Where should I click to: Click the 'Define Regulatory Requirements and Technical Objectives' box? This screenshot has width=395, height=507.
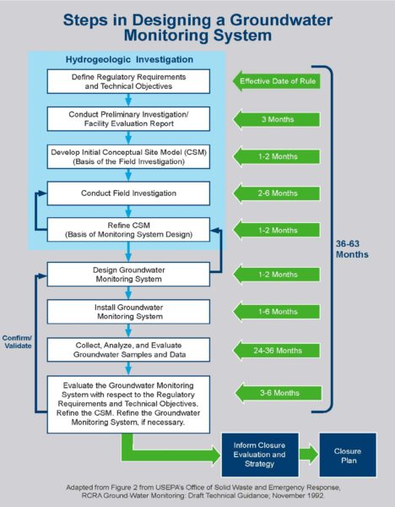(127, 82)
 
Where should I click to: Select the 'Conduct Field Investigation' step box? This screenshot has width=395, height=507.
(127, 194)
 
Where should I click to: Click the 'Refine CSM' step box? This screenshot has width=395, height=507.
(127, 231)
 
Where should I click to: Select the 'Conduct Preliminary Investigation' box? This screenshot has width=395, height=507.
(127, 119)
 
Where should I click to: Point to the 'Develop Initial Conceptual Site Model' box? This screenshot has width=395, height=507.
(127, 156)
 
